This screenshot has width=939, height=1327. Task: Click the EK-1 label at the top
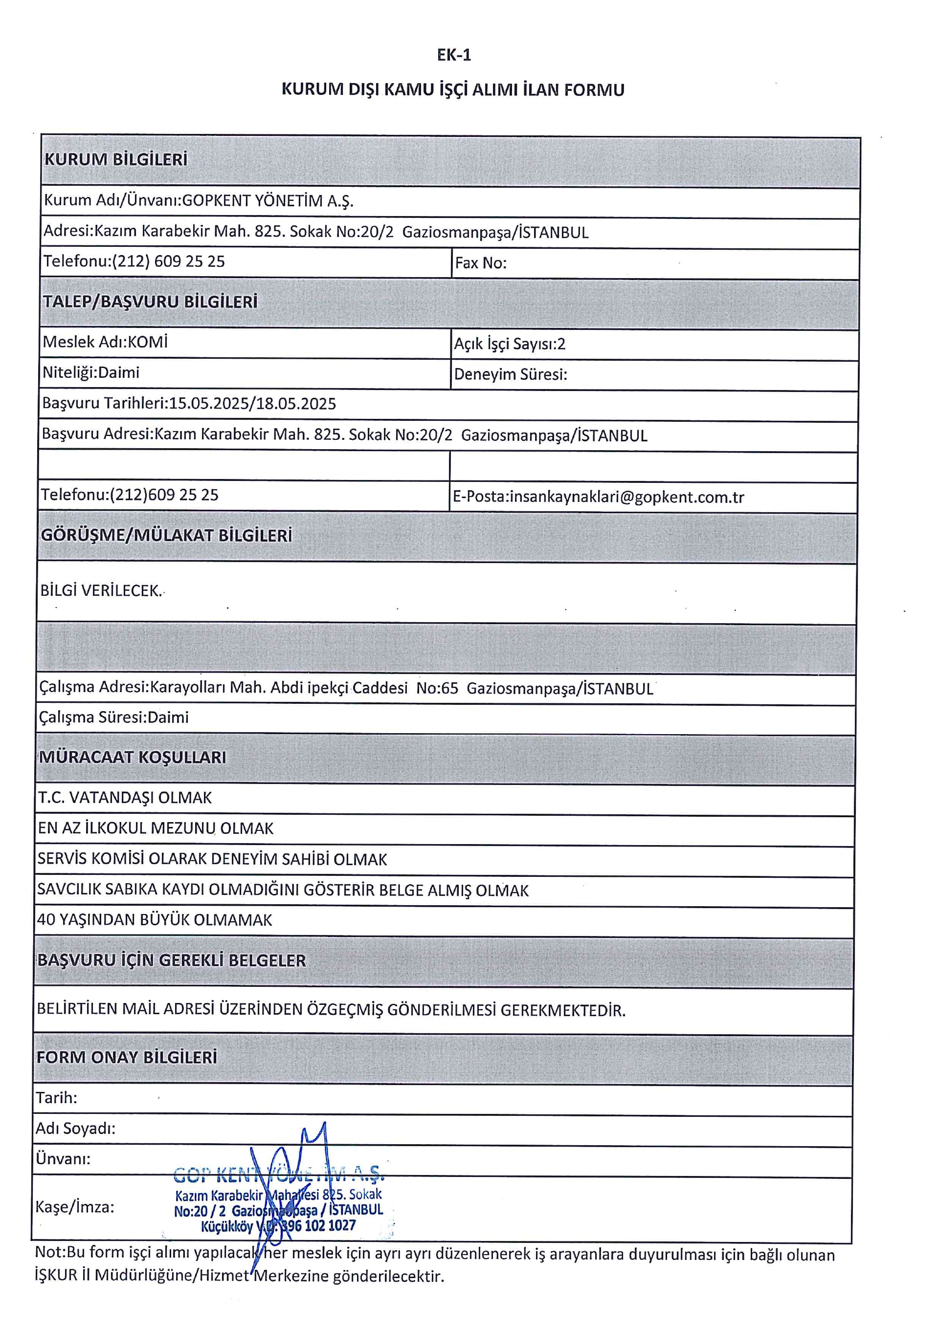tap(454, 55)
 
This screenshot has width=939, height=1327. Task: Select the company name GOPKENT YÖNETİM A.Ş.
tap(268, 201)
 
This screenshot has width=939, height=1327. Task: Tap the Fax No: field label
tap(480, 263)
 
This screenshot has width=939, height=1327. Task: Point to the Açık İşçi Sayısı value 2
tap(561, 345)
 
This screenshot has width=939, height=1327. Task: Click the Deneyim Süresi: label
tap(510, 374)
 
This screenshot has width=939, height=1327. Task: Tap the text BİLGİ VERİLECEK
tap(101, 591)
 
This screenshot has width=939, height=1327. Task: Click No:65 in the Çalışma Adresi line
tap(437, 688)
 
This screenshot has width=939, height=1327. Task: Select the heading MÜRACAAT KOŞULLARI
tap(133, 757)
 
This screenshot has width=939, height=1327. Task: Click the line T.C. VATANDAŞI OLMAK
tap(125, 798)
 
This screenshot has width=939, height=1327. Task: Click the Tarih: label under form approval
tap(57, 1098)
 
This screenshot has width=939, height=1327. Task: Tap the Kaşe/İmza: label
tap(75, 1207)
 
